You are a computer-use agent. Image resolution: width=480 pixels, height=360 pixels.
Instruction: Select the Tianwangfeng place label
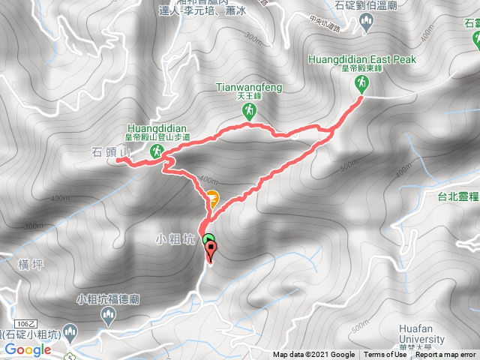tap(248, 88)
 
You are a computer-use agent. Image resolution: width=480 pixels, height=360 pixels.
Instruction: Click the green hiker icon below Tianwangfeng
tap(248, 111)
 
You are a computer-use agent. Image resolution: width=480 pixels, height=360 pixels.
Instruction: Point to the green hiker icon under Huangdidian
tap(157, 151)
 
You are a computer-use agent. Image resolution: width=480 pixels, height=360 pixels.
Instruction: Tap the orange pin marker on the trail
tap(213, 199)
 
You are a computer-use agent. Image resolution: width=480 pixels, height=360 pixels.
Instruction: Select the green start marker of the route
tap(208, 241)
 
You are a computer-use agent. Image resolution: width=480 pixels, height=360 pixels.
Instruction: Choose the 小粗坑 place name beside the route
tap(175, 241)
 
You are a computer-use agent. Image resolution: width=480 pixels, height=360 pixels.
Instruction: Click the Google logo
tap(28, 349)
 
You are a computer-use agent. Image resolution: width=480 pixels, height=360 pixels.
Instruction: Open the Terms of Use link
tap(384, 355)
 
